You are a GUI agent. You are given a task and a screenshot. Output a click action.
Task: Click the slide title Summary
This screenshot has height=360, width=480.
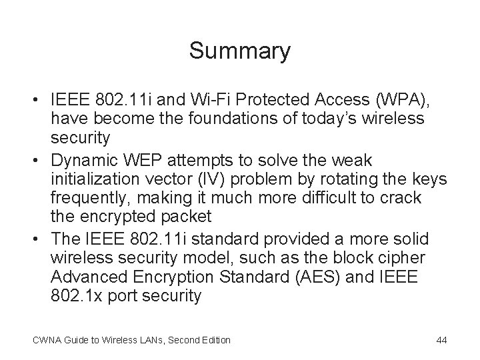point(240,51)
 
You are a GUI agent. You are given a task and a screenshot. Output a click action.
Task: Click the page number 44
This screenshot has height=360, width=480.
point(441,340)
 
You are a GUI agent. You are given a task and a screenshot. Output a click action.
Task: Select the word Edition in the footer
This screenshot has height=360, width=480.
point(215,340)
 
